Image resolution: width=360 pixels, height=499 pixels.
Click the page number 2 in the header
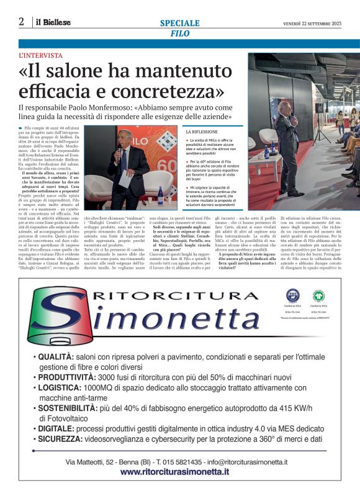pyautogui.click(x=21, y=22)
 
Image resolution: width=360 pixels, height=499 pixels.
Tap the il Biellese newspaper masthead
pyautogui.click(x=52, y=22)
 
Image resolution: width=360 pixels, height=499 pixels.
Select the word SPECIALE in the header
pyautogui.click(x=180, y=23)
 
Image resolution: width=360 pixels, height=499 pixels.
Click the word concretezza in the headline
pyautogui.click(x=166, y=92)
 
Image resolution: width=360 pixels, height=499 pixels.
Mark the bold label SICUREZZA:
pyautogui.click(x=64, y=439)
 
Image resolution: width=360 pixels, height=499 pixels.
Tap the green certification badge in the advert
pyautogui.click(x=319, y=295)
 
